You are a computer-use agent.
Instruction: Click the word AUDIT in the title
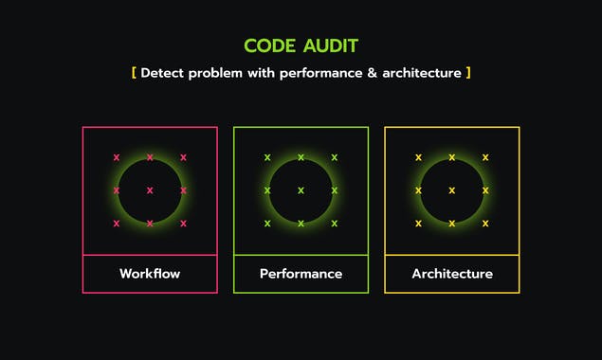click(331, 45)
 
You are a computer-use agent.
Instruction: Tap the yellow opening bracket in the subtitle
click(134, 73)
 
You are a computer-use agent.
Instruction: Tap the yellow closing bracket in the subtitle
click(468, 73)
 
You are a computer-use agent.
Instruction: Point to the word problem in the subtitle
click(216, 73)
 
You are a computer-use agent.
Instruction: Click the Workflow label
click(150, 274)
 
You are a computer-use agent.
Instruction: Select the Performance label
click(301, 274)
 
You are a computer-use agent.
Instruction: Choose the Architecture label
click(452, 274)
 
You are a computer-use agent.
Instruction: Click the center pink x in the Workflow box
click(150, 190)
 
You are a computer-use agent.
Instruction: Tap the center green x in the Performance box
click(301, 190)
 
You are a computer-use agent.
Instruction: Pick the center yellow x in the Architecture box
click(452, 190)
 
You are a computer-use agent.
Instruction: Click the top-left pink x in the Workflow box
click(117, 157)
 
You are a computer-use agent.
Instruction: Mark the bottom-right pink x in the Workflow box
click(183, 224)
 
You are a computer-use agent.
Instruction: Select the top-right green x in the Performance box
click(334, 157)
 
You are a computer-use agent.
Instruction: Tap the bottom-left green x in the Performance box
click(267, 224)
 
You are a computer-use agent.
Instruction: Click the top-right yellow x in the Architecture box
click(485, 157)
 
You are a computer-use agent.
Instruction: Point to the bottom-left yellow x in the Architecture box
click(418, 224)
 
